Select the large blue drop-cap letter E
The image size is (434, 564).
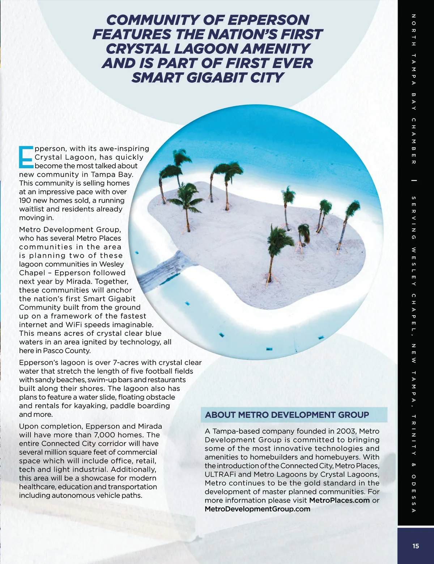26,157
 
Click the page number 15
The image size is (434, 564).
415,546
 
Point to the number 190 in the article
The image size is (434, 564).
26,201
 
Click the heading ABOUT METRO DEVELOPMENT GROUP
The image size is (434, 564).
287,415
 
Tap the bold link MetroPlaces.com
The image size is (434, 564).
339,500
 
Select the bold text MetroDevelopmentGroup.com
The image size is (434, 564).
258,509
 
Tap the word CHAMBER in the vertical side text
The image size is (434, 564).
414,141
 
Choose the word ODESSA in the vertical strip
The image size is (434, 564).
414,493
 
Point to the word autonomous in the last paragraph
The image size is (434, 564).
69,496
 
